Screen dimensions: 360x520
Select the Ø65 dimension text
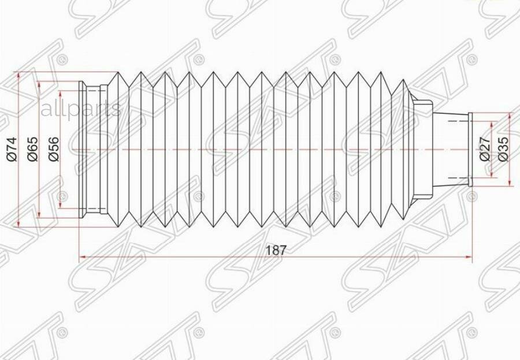click(32, 150)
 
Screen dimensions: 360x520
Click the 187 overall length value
click(276, 250)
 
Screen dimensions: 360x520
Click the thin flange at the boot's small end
click(470, 150)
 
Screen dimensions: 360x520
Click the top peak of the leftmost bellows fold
click(117, 73)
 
